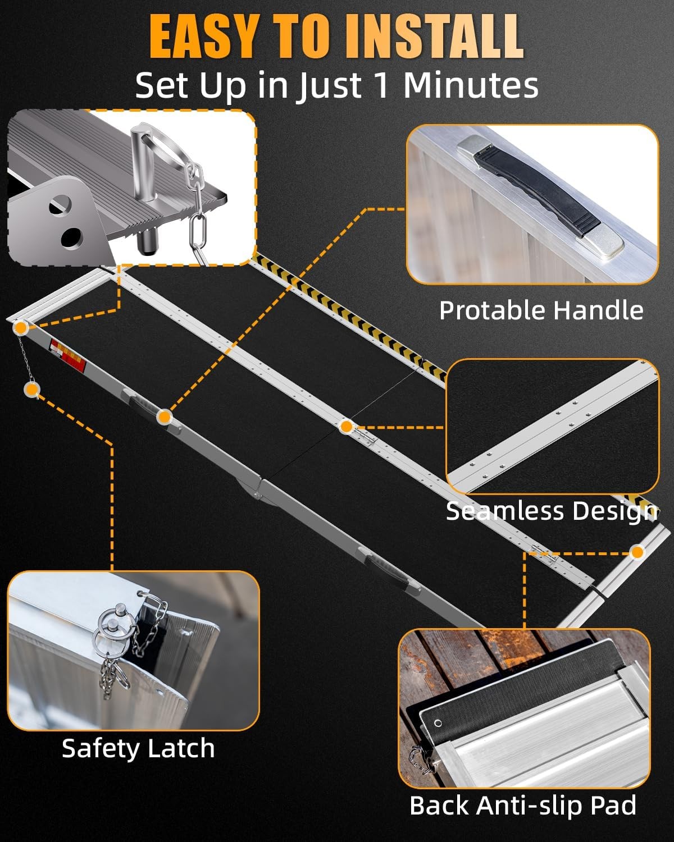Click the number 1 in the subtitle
382,85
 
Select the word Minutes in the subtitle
471,85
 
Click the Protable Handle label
541,310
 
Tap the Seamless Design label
551,511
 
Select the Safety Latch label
138,748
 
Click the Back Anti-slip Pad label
523,806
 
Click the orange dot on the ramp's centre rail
347,427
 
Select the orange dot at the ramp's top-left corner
21,327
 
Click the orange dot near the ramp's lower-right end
636,552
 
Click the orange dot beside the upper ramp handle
164,417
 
